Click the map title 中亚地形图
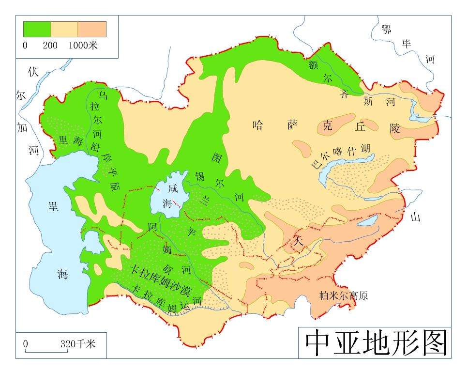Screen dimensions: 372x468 click(375, 343)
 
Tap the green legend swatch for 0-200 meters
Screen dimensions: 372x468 click(37, 29)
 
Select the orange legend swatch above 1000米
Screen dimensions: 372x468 click(92, 29)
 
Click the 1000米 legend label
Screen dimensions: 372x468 click(83, 46)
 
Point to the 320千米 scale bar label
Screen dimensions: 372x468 click(78, 344)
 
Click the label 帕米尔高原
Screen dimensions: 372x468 click(344, 295)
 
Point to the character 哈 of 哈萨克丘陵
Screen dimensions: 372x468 click(258, 125)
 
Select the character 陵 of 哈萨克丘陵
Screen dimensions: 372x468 click(395, 128)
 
